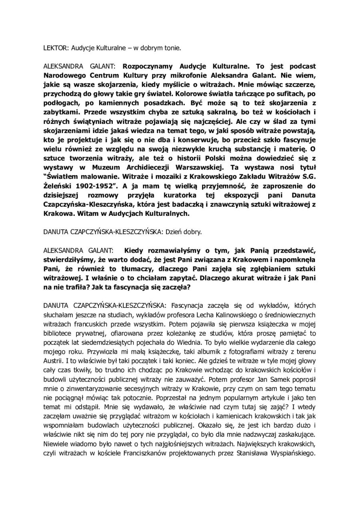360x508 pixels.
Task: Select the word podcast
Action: (x=301, y=66)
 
